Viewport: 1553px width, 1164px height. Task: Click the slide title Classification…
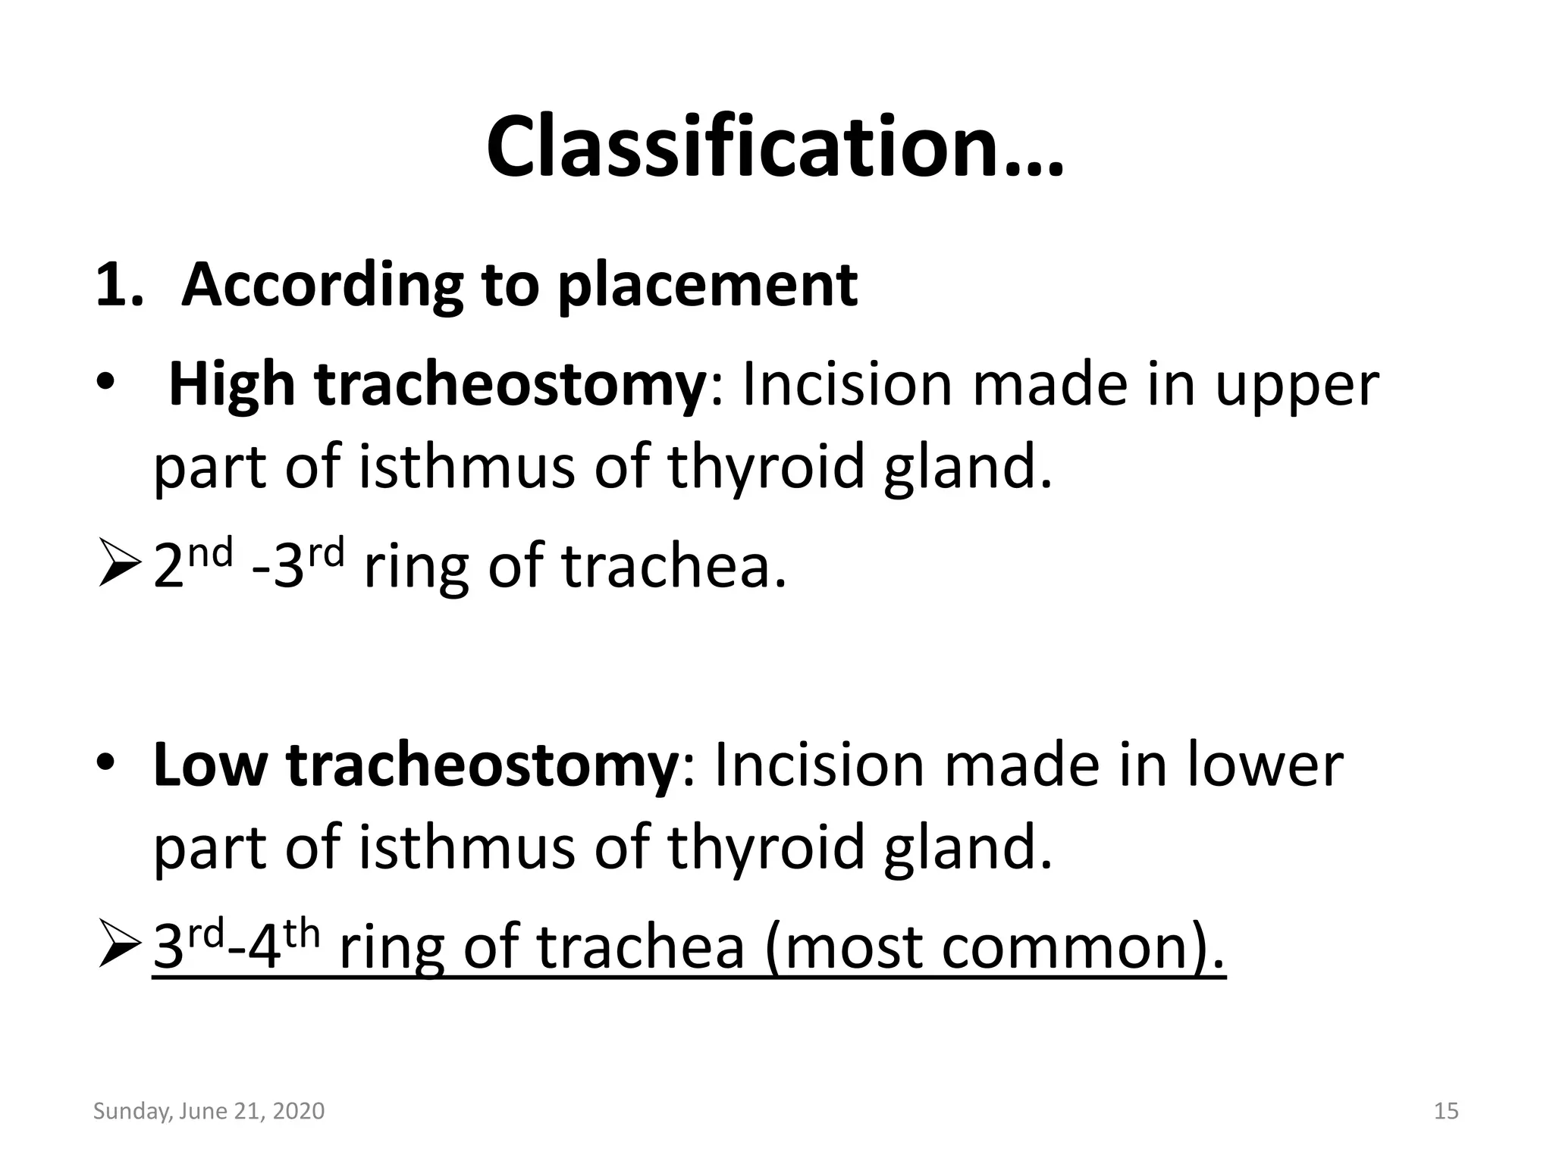point(775,147)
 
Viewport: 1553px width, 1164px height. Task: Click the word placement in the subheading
point(707,286)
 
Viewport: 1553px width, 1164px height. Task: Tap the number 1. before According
point(119,286)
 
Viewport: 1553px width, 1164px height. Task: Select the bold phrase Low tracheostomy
point(415,767)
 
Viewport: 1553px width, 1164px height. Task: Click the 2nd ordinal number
point(192,565)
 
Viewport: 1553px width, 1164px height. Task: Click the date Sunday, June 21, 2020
point(209,1112)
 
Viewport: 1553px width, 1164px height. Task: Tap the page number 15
point(1446,1112)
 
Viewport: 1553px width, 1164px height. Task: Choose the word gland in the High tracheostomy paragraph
point(968,468)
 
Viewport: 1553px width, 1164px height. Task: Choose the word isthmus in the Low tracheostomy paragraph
point(466,848)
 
